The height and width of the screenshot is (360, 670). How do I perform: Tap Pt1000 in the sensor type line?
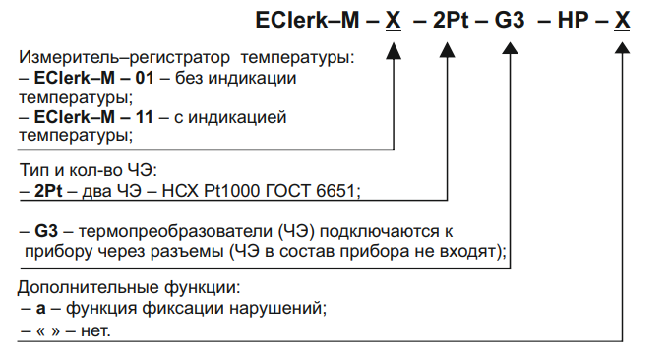pos(254,188)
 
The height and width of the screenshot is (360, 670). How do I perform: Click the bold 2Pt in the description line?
pos(48,188)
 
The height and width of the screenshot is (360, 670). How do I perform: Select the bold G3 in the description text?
pos(45,233)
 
